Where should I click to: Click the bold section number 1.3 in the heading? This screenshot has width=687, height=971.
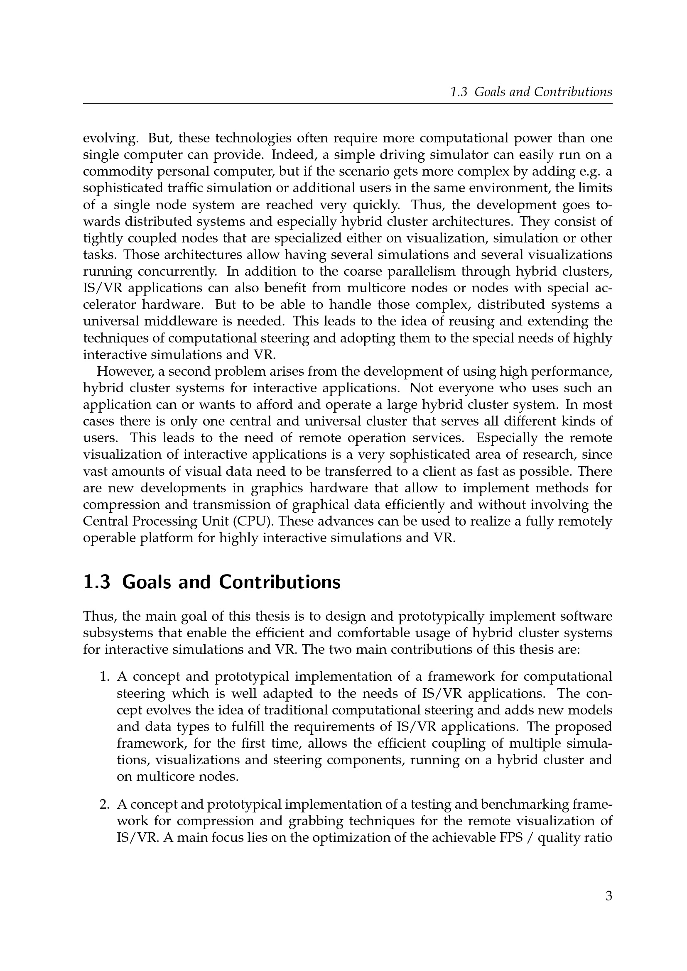(97, 582)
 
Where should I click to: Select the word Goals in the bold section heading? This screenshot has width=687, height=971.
(145, 582)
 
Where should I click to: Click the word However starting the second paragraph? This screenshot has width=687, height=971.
(124, 371)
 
